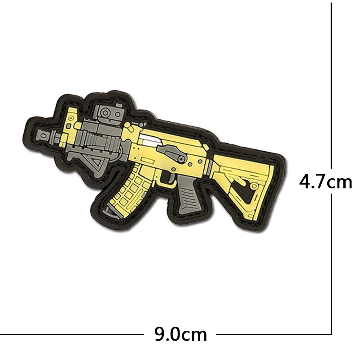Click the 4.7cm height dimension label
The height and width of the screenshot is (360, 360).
[325, 181]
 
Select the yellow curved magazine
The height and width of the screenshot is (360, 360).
[129, 188]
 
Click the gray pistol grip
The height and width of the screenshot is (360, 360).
[189, 193]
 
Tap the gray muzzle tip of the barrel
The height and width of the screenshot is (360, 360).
[44, 136]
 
